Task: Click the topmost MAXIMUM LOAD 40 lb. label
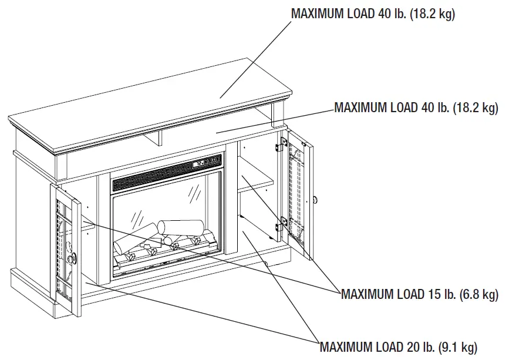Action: pos(373,14)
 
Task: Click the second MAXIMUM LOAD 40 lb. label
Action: pos(416,107)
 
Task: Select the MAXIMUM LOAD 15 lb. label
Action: pos(419,294)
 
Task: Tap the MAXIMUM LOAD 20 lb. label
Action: pos(398,346)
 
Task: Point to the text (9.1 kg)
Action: pos(456,346)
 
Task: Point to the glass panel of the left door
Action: pos(63,247)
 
